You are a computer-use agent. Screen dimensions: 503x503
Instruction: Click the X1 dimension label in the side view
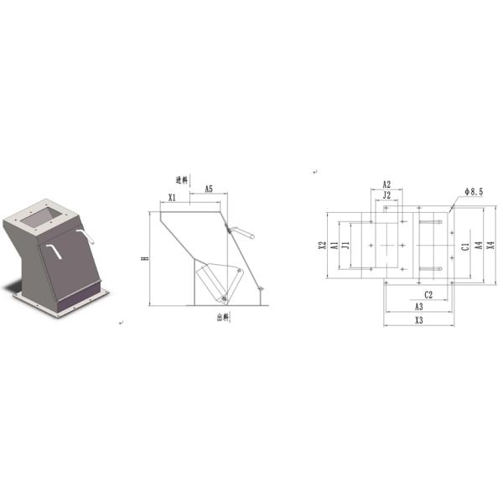tap(171, 198)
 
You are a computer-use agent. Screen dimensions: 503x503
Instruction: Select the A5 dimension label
tap(207, 190)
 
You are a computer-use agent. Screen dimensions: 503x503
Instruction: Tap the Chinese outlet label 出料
tap(222, 317)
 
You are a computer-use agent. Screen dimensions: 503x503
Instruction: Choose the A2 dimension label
tap(386, 184)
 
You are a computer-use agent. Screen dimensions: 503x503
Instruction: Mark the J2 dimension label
tap(386, 194)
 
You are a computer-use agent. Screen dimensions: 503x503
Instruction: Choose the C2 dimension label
tap(428, 294)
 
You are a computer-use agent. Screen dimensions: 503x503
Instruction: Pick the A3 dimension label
tap(418, 307)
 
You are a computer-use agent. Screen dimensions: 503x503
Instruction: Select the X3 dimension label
tap(418, 320)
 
